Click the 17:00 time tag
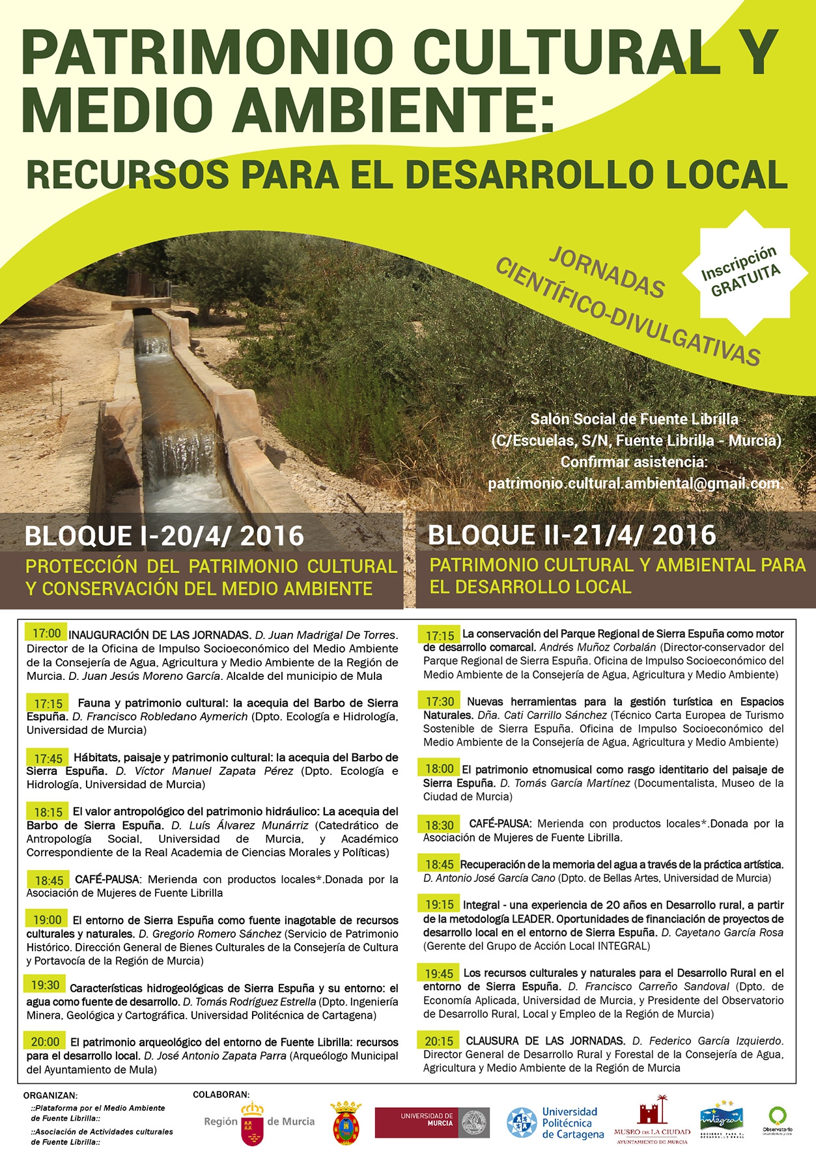tap(46, 633)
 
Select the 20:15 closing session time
tap(440, 1041)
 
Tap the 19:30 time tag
tap(45, 985)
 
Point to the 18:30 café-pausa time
tap(440, 825)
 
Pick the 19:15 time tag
tap(440, 904)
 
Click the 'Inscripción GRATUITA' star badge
tap(740, 271)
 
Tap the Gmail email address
tap(634, 484)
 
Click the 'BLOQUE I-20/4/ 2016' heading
tap(164, 536)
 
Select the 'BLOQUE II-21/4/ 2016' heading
tap(572, 535)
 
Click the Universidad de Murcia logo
tap(431, 1122)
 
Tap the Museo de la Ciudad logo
tap(651, 1123)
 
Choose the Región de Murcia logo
tap(259, 1123)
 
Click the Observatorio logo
tap(777, 1120)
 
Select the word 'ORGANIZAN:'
tap(50, 1096)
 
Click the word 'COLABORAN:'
tap(221, 1095)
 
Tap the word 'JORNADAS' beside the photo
tap(606, 273)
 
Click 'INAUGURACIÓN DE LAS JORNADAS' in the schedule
tap(160, 635)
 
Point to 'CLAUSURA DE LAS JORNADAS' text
tap(545, 1041)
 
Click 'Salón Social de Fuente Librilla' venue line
tap(634, 419)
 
